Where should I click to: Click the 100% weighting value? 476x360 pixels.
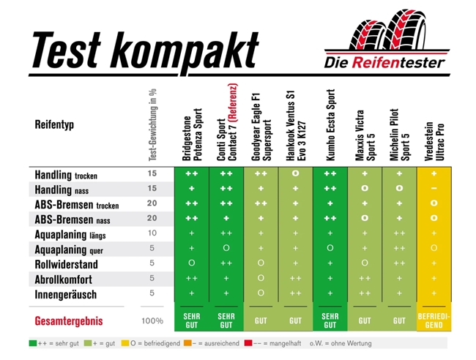152,320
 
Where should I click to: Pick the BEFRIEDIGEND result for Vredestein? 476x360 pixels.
434,320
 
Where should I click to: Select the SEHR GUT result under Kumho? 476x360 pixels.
330,320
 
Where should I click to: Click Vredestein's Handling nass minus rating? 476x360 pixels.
434,189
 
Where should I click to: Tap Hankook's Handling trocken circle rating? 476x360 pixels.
295,174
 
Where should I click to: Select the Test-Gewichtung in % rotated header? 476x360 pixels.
152,124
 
